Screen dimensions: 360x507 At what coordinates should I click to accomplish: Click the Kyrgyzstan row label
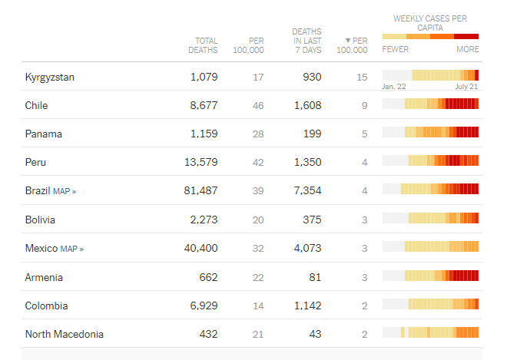pyautogui.click(x=49, y=77)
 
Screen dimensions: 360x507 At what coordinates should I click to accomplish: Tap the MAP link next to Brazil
pyautogui.click(x=65, y=191)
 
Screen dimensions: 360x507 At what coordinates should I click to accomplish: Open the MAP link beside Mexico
pyautogui.click(x=71, y=249)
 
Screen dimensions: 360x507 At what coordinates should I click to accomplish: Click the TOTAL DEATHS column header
pyautogui.click(x=203, y=45)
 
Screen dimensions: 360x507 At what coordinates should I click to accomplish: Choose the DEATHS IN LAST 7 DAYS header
pyautogui.click(x=307, y=41)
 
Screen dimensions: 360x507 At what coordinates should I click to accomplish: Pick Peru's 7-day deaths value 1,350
pyautogui.click(x=307, y=163)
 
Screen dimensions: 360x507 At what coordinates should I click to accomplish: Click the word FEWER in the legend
pyautogui.click(x=395, y=49)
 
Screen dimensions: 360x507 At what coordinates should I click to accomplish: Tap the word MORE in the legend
pyautogui.click(x=467, y=49)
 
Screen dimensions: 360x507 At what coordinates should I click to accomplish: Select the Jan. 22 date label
pyautogui.click(x=393, y=87)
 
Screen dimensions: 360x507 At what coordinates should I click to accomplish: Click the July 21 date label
pyautogui.click(x=466, y=87)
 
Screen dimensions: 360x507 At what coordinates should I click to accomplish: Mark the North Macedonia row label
pyautogui.click(x=64, y=334)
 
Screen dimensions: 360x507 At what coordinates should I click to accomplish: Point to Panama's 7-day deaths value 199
pyautogui.click(x=312, y=134)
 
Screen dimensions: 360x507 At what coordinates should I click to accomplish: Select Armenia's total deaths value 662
pyautogui.click(x=208, y=277)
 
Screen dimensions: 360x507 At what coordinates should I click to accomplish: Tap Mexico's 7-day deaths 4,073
pyautogui.click(x=307, y=249)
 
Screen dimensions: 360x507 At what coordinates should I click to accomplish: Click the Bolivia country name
pyautogui.click(x=40, y=220)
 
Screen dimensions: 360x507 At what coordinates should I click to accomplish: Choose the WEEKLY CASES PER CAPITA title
pyautogui.click(x=429, y=23)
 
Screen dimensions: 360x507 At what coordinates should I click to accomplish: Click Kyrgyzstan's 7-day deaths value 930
pyautogui.click(x=312, y=77)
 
